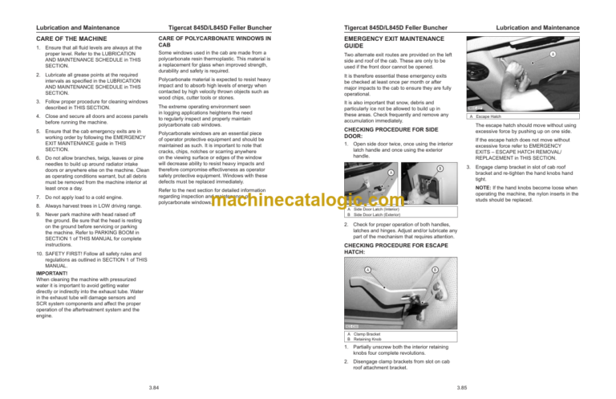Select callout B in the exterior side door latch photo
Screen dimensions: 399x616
click(440, 167)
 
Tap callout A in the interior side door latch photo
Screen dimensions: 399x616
click(391, 172)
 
